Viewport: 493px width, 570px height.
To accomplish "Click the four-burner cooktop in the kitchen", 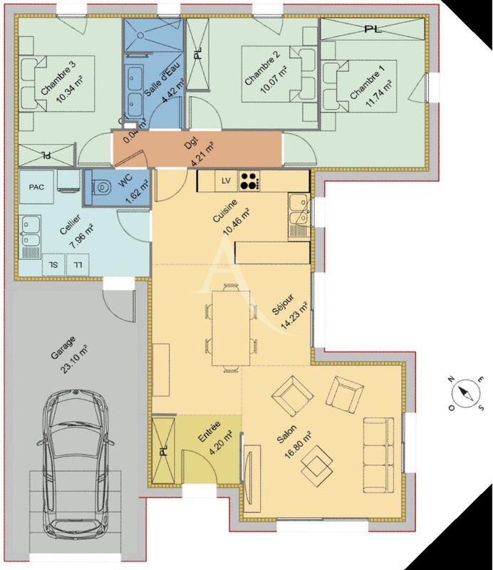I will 249,181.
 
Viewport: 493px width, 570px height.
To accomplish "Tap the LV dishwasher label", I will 227,181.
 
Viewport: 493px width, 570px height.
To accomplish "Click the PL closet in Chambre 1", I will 372,29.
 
